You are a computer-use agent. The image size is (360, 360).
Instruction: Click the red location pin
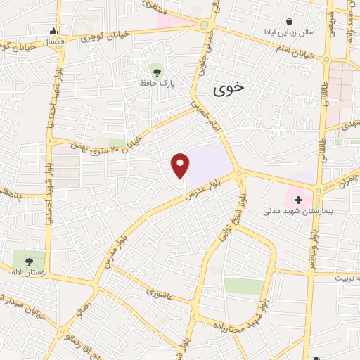[181, 165]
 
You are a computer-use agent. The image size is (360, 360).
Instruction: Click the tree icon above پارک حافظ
[156, 70]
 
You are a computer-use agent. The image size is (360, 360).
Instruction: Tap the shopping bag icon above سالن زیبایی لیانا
[290, 21]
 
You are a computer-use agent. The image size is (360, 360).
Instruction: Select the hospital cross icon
[298, 199]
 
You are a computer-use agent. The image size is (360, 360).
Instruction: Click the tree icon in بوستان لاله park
[29, 261]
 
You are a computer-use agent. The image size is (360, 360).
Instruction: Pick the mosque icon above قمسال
[53, 31]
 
